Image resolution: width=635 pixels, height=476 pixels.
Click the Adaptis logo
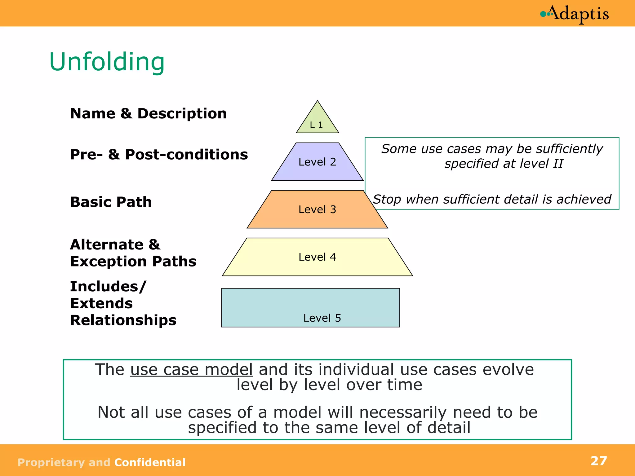(575, 14)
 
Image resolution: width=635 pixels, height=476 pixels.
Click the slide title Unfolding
(107, 62)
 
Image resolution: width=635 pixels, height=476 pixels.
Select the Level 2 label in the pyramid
(317, 162)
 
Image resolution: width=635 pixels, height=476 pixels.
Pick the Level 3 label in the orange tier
(317, 209)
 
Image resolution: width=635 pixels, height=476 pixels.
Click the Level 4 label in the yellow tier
(317, 257)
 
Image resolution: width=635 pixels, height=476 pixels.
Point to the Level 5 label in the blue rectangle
(322, 318)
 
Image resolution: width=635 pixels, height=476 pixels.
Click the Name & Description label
(149, 113)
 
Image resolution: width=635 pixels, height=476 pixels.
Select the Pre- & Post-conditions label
(159, 154)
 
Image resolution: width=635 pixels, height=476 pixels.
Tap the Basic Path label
(111, 202)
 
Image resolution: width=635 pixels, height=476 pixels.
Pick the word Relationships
(123, 320)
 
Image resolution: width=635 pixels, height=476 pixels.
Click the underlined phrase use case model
(191, 369)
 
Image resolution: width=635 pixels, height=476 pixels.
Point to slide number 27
(599, 461)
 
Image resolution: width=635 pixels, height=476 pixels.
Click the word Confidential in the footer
(150, 462)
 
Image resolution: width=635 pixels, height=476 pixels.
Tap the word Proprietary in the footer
(51, 462)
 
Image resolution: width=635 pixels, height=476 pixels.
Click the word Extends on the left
(101, 303)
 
